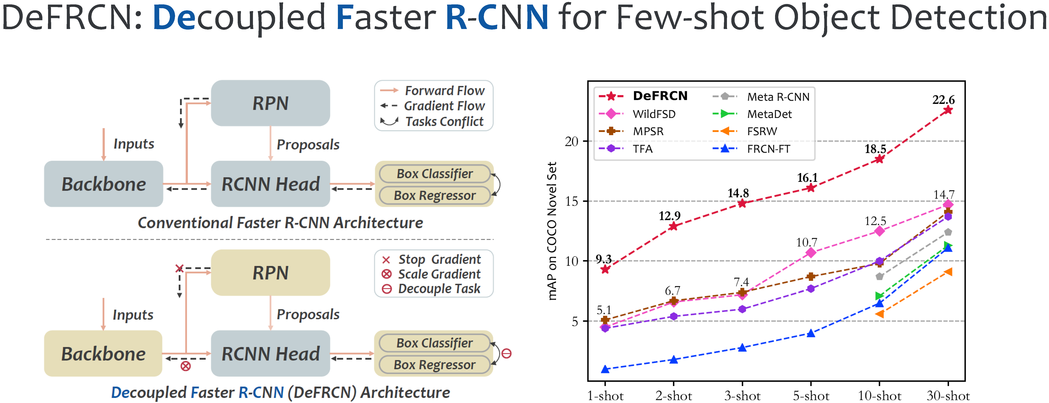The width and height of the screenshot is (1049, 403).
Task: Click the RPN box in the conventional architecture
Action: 270,103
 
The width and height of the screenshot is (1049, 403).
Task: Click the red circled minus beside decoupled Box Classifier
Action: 506,353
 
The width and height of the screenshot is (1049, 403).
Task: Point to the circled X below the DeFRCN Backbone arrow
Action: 186,366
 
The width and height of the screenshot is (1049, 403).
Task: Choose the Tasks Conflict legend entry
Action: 444,121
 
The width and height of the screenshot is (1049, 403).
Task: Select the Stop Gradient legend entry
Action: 439,259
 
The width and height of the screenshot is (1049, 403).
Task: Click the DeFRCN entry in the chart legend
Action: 660,96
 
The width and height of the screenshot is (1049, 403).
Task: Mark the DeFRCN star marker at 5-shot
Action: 811,188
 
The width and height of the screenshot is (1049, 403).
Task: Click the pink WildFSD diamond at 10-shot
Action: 879,231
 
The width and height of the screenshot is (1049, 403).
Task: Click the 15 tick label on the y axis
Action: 571,201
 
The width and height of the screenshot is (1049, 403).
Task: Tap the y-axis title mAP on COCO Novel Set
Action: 552,231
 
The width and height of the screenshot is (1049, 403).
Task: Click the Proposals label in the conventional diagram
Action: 308,144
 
